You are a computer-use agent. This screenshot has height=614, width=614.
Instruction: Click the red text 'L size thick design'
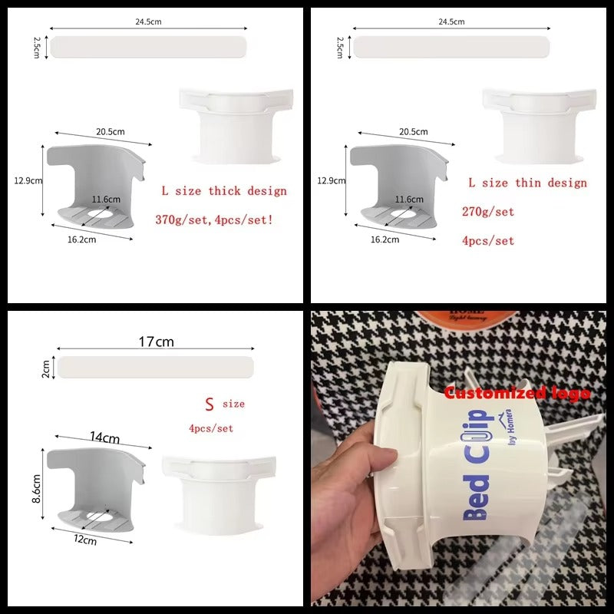223,191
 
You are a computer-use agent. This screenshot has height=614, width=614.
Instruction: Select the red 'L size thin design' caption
527,183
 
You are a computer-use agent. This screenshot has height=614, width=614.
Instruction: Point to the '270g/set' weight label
488,212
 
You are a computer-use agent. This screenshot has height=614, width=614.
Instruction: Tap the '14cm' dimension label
104,438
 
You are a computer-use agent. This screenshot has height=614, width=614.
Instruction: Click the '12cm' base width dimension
84,540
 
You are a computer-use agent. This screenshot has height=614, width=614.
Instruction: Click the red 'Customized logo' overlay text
517,393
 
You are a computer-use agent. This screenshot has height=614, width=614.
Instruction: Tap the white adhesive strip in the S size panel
156,367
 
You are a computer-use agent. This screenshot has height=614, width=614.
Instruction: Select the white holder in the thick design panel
235,123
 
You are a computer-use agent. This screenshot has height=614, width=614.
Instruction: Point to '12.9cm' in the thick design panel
27,181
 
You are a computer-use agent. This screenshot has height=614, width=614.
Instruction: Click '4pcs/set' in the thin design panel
488,240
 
